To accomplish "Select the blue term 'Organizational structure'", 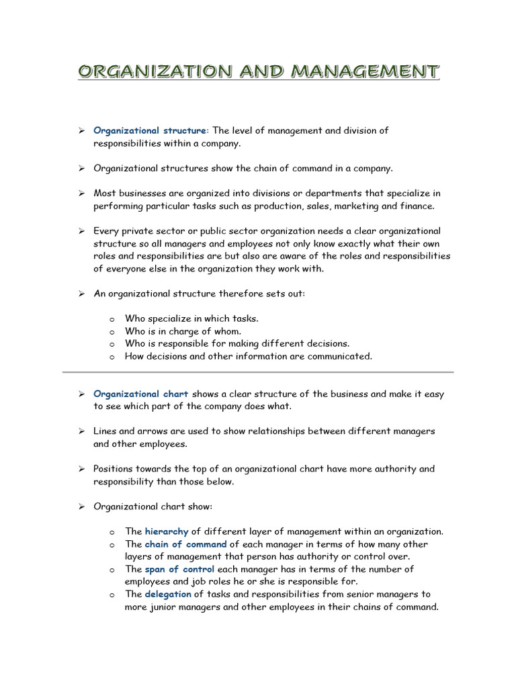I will (150, 130).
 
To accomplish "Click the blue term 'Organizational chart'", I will (140, 394).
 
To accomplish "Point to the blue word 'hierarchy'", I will (167, 531).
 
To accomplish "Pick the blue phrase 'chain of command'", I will (186, 544).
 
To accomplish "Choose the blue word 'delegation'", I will (168, 594).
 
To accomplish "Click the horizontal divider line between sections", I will (258, 372).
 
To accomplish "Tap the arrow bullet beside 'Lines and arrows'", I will (79, 431).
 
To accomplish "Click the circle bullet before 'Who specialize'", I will (112, 319).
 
